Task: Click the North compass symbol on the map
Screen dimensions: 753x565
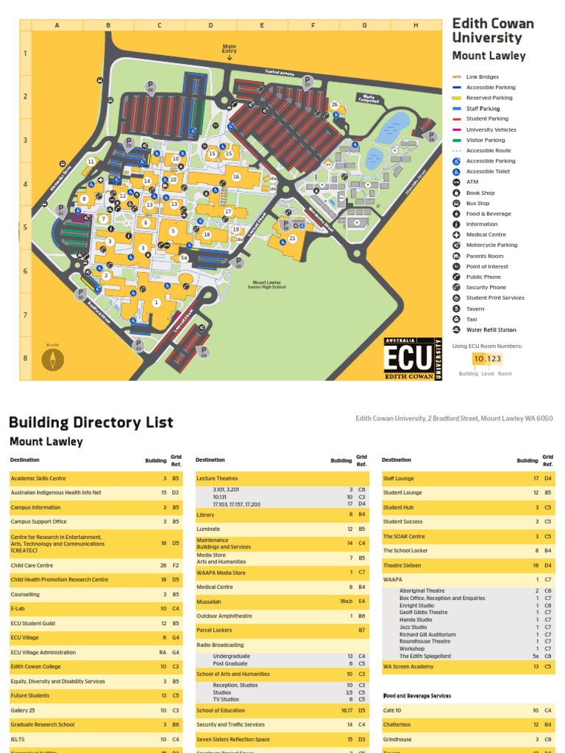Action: point(52,359)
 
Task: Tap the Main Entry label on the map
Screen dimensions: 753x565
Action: point(230,49)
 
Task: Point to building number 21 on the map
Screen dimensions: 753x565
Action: point(292,238)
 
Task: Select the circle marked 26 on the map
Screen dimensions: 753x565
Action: point(334,105)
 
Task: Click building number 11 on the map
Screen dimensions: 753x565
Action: point(91,162)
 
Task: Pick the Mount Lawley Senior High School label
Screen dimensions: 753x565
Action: point(268,285)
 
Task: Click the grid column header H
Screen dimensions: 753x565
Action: point(415,26)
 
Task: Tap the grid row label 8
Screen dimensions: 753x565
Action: point(25,358)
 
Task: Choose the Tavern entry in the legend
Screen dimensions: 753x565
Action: point(475,309)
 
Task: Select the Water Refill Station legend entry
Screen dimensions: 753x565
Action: point(491,330)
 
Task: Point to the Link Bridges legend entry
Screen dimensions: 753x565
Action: point(482,76)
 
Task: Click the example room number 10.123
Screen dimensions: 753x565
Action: point(487,359)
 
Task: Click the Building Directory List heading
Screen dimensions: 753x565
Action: point(91,422)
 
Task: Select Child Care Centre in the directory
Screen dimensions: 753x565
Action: point(32,565)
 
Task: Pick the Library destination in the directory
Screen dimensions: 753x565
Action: point(205,515)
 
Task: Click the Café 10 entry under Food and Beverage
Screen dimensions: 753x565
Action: point(392,710)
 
